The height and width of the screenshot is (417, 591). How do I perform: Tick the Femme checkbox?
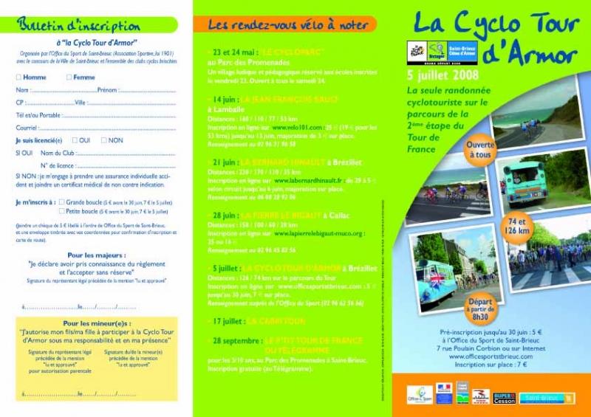point(69,77)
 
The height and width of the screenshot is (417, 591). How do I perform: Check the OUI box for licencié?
point(75,139)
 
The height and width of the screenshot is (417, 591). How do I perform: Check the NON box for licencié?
point(104,139)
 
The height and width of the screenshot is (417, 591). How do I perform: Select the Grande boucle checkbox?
point(62,201)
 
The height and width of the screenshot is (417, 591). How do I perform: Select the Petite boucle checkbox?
point(62,210)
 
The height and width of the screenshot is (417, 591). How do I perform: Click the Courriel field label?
point(27,128)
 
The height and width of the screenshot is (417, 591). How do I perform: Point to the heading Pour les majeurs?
point(96,255)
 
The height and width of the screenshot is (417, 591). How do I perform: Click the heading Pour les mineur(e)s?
point(97,323)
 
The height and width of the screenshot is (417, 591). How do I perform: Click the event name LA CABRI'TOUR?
point(276,321)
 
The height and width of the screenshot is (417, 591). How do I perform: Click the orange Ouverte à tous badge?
point(479,150)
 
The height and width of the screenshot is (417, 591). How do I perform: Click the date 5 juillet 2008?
point(443,75)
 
